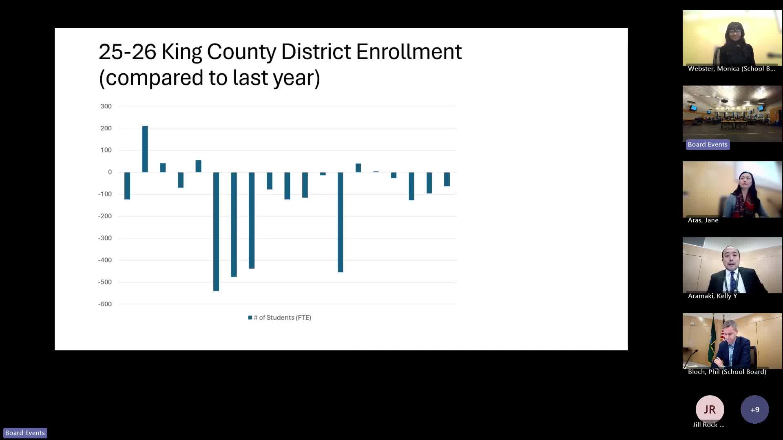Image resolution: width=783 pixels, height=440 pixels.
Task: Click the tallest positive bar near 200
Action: (145, 149)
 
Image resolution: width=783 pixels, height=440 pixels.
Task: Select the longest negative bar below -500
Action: (216, 231)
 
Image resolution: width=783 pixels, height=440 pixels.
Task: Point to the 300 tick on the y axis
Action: (106, 106)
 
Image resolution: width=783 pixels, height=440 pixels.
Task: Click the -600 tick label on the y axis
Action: (105, 304)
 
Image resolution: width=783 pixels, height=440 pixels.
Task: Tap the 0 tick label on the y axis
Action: (110, 172)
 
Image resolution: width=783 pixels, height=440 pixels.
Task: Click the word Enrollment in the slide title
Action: (409, 52)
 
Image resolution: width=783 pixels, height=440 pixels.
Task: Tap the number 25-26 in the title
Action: (127, 52)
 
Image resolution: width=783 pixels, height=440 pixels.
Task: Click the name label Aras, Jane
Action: (703, 220)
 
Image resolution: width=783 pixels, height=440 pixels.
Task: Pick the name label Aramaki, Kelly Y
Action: (712, 296)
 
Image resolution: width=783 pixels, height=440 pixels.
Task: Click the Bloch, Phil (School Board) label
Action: (727, 372)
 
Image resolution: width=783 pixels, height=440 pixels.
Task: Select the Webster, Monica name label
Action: (731, 69)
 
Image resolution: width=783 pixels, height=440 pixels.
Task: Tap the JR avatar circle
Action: (710, 409)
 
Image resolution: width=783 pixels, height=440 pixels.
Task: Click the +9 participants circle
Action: (754, 409)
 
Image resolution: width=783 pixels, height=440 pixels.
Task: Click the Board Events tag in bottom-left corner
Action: (25, 433)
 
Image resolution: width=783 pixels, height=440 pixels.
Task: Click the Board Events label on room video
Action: (708, 145)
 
